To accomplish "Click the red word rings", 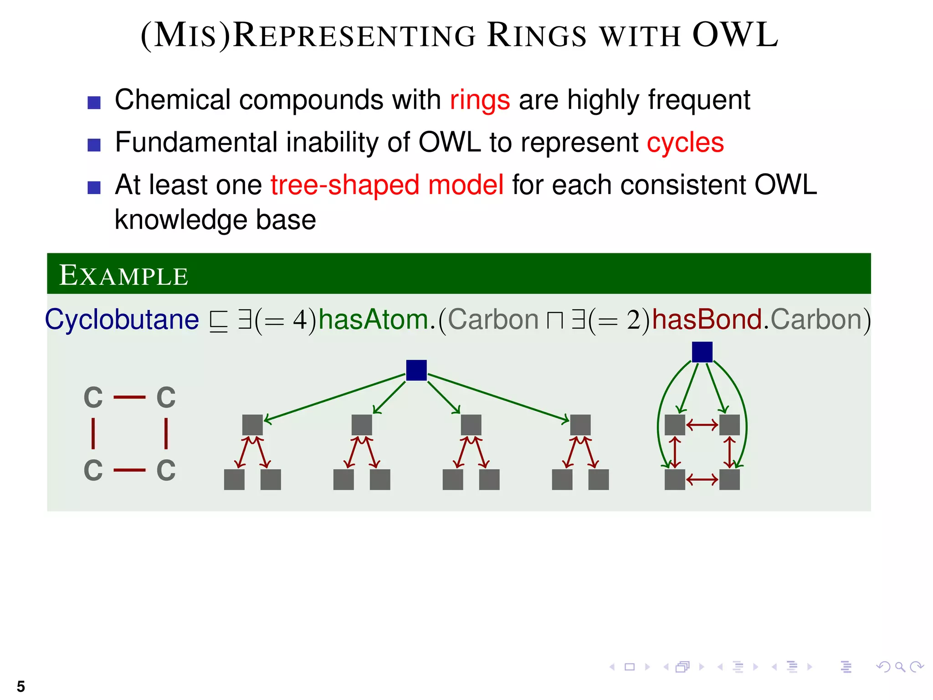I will [x=479, y=100].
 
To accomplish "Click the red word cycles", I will [x=685, y=143].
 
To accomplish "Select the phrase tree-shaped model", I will [x=387, y=185].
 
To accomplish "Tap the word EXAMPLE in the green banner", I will [x=123, y=276].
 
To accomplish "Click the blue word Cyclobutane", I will [x=122, y=319].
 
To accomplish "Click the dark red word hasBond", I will [x=707, y=319].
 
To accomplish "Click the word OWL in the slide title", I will [x=735, y=35].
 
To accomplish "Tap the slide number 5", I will [x=21, y=686].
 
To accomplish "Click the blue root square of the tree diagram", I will [x=416, y=370].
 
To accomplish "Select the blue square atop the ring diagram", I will [x=702, y=352].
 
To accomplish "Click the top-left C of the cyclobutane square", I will [x=93, y=397].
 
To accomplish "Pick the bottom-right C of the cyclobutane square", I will [x=166, y=470].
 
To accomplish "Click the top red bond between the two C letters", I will [x=129, y=397].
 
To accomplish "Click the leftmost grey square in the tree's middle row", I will [x=252, y=425].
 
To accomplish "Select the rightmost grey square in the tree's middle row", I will [x=580, y=425].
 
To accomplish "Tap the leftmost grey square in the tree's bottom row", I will [x=234, y=479].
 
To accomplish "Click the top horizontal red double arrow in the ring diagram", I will [x=702, y=425].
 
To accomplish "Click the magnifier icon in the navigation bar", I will [x=900, y=667].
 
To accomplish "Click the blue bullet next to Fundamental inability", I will [x=94, y=145].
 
